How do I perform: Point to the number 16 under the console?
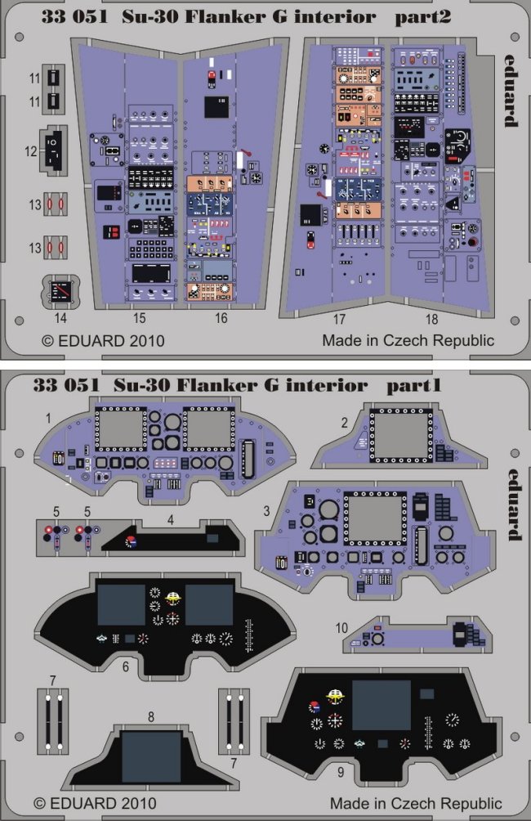pos(221,318)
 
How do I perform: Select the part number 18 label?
pos(431,318)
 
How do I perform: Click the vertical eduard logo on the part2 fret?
pos(510,90)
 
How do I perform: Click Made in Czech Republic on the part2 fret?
pos(408,339)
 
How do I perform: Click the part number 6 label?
pos(125,666)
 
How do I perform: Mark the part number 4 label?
pos(171,518)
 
